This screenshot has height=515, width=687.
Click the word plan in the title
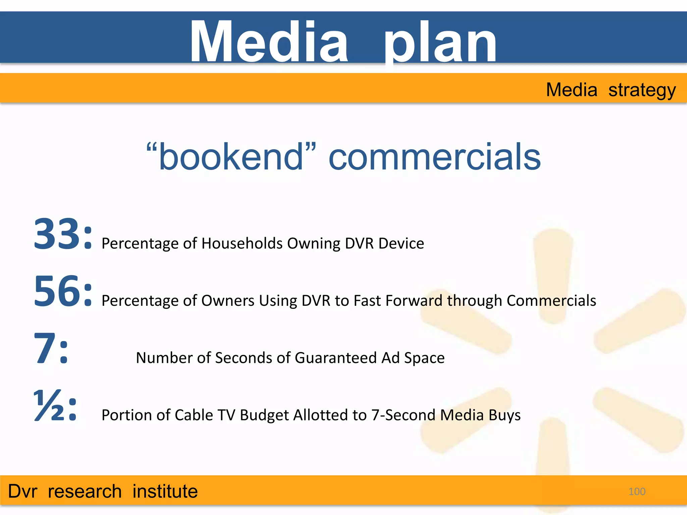440,44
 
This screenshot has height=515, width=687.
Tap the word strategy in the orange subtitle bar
642,91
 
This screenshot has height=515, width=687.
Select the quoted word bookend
231,157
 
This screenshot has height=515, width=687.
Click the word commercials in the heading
434,157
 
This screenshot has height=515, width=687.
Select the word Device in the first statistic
401,243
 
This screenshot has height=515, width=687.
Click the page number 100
637,492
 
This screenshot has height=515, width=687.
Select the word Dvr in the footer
22,492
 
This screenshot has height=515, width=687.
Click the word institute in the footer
165,492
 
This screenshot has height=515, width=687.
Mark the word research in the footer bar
85,492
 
